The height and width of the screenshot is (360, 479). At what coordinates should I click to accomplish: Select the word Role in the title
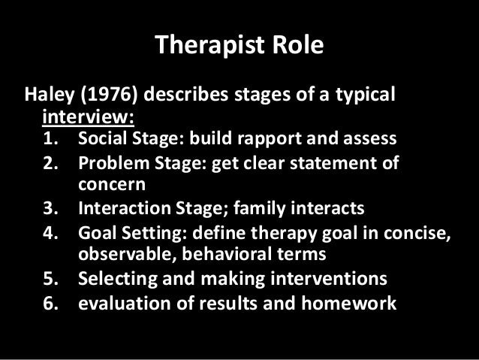pos(297,46)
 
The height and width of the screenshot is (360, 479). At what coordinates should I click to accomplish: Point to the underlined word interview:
pos(88,118)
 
